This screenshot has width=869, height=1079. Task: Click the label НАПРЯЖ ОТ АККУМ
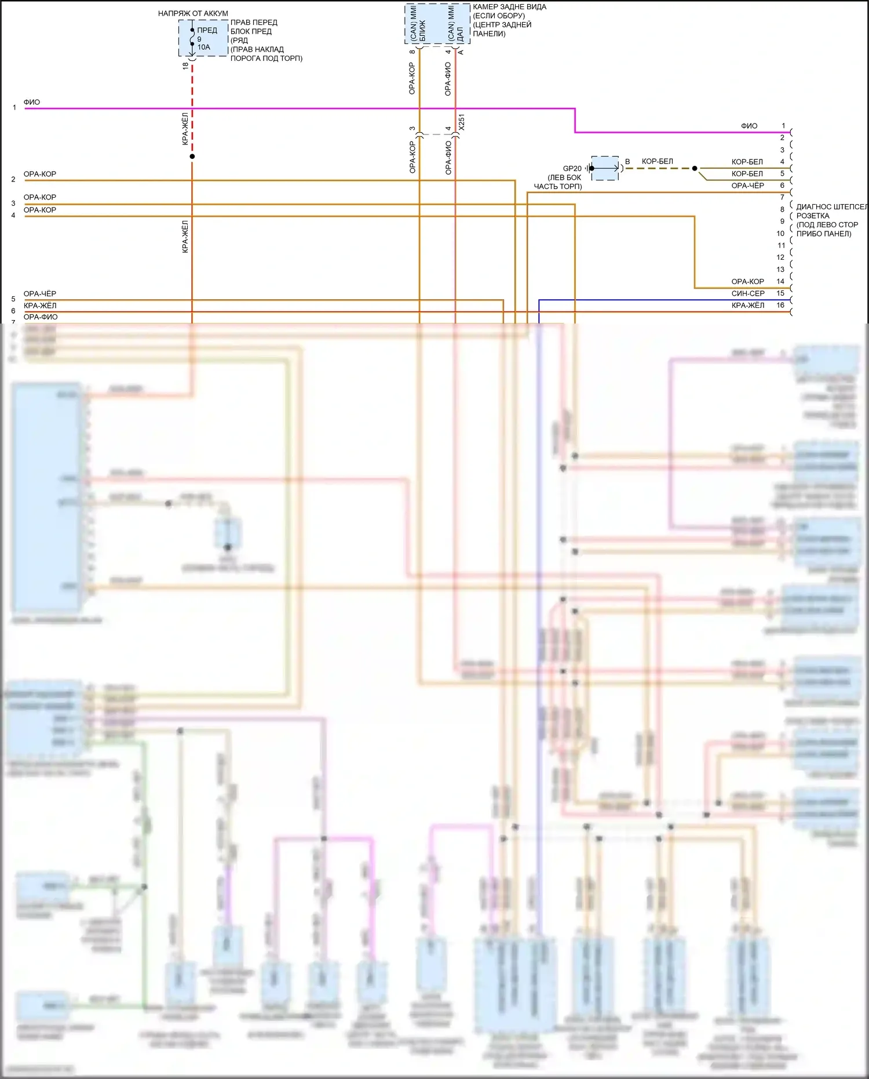click(193, 13)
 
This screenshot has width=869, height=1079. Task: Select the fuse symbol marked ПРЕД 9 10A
click(192, 39)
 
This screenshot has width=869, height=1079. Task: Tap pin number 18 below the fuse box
click(185, 66)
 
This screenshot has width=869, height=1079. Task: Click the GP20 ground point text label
click(572, 169)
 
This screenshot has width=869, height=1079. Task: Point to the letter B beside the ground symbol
click(627, 162)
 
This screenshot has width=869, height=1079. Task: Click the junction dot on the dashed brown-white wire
click(695, 169)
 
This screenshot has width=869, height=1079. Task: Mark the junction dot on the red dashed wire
click(192, 157)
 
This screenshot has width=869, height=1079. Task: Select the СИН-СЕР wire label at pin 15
click(747, 293)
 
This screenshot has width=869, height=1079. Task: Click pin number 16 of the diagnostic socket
click(780, 305)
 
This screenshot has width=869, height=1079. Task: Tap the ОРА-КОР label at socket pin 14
click(747, 282)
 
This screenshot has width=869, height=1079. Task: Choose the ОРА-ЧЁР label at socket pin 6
click(747, 186)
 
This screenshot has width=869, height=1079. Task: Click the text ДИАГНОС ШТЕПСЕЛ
click(831, 207)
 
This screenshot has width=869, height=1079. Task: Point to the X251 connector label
click(462, 122)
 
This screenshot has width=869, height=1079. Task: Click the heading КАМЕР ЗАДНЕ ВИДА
click(509, 7)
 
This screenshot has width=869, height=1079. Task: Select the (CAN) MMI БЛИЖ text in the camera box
click(418, 24)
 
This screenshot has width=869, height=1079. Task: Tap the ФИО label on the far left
click(32, 102)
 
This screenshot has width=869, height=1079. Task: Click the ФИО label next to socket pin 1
click(749, 126)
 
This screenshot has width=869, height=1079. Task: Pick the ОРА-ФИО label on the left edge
click(41, 317)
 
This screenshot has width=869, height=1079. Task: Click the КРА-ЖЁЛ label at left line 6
click(40, 306)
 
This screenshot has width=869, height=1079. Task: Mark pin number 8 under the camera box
click(412, 52)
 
